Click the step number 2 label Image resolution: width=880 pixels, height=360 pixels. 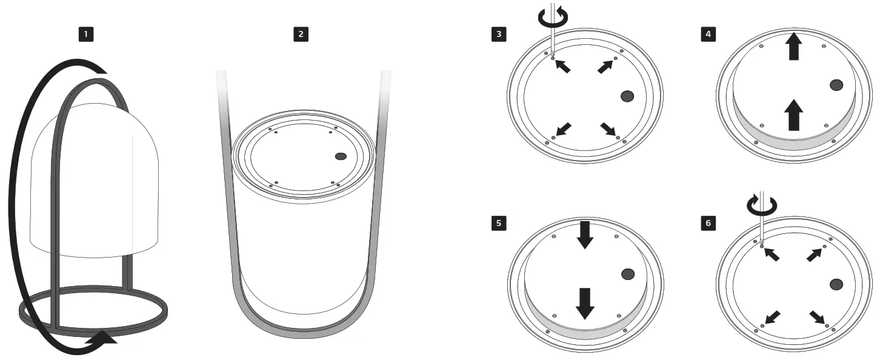point(301,34)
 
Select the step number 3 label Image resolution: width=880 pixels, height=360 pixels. point(499,34)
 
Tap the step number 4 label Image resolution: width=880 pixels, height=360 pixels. point(707,34)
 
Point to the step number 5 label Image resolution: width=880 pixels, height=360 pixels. point(499,223)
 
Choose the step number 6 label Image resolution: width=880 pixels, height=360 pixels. point(707,223)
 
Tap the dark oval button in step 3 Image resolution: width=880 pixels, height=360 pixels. point(627,95)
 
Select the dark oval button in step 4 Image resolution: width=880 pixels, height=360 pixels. point(836,85)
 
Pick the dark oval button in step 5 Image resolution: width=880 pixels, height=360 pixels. point(628,274)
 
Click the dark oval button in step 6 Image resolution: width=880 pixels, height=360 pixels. point(837,284)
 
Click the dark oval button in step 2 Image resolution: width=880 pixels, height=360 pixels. point(341,156)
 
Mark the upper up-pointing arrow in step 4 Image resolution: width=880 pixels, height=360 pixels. point(793,48)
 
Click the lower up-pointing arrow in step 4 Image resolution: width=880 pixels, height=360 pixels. point(793,115)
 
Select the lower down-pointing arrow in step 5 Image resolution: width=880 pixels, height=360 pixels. point(585,303)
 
